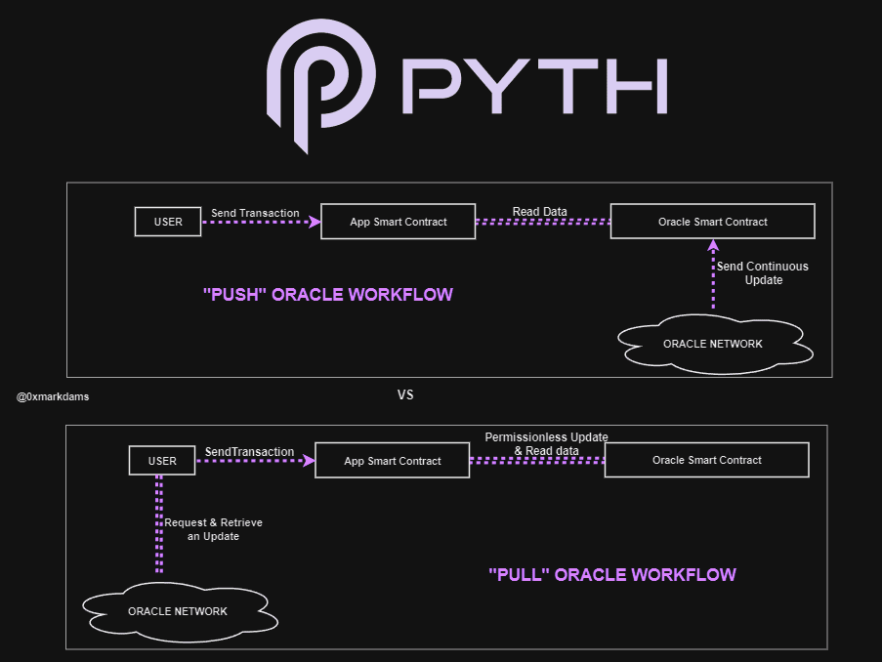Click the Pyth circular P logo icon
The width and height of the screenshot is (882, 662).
(x=319, y=83)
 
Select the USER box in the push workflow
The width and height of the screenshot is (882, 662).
(x=168, y=222)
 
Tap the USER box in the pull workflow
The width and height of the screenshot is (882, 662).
(x=162, y=461)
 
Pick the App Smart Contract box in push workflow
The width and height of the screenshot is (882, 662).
(x=399, y=222)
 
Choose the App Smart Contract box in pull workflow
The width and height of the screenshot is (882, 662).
(x=393, y=461)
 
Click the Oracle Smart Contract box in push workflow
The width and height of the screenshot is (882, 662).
(x=712, y=222)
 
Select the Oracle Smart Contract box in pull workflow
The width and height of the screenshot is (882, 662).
(x=706, y=460)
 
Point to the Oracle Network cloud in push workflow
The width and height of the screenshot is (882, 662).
(x=713, y=344)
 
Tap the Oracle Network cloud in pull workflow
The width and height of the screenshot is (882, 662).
(x=178, y=611)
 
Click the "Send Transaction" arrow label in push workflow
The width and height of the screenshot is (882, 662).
(x=255, y=213)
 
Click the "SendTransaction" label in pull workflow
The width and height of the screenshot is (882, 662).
(x=249, y=452)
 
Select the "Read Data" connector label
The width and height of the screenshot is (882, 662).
(x=539, y=212)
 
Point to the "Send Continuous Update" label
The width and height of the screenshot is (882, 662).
(x=763, y=273)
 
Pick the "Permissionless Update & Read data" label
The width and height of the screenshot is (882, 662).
(x=546, y=443)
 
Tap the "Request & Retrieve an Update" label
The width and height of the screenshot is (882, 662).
(x=213, y=529)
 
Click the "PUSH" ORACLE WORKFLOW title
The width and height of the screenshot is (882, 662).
(x=327, y=295)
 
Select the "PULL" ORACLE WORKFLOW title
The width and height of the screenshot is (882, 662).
(x=611, y=575)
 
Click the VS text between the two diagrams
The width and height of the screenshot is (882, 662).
(x=405, y=395)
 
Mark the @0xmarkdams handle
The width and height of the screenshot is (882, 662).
(x=53, y=397)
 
